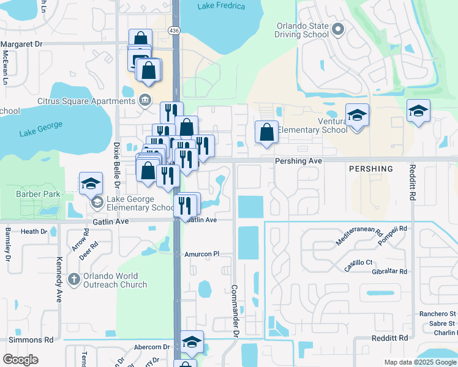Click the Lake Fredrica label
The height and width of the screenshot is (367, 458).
221,6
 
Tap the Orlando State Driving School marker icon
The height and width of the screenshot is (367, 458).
337,29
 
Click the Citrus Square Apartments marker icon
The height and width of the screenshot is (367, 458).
145,100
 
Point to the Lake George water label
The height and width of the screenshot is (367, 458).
40,129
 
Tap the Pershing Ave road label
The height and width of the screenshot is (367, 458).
298,161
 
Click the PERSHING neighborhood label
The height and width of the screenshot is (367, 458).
370,168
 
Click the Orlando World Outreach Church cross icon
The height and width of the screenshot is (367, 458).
73,279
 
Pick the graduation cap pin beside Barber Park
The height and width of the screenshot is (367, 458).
90,183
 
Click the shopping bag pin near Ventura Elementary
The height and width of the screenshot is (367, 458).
266,132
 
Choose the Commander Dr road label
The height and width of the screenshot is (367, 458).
234,310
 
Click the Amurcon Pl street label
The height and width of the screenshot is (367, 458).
201,253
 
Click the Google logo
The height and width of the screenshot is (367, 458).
20,360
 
